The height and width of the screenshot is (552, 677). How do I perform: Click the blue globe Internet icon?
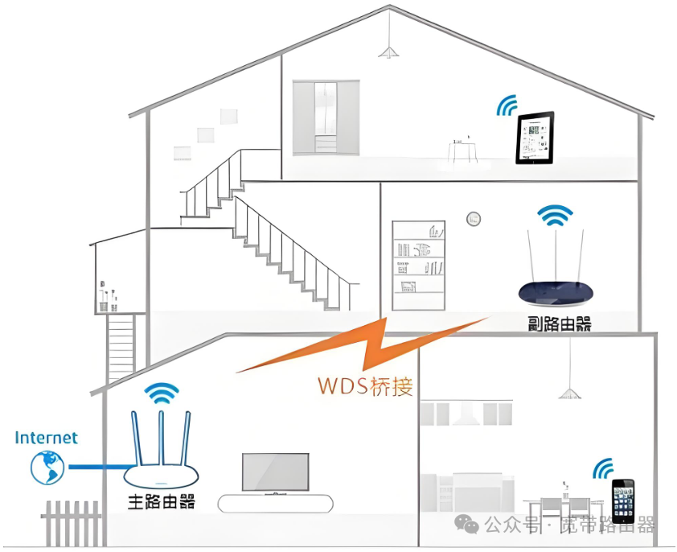[47, 467]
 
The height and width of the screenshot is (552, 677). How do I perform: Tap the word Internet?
[47, 438]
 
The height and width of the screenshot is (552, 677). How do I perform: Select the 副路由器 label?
[560, 324]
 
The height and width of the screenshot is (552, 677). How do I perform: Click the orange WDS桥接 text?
[365, 385]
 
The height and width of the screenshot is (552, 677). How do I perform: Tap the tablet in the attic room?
[535, 138]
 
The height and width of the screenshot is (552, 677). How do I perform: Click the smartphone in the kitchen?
[622, 501]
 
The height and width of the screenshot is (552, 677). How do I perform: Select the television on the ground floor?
[275, 473]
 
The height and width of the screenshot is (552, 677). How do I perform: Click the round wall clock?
[474, 218]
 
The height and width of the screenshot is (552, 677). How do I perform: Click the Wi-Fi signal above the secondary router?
[556, 215]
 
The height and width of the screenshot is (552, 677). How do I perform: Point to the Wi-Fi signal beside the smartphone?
[603, 468]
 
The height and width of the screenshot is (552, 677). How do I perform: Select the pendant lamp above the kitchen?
[570, 392]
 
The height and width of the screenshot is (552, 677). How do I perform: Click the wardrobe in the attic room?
[325, 117]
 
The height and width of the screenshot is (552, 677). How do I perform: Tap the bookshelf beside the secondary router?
[418, 266]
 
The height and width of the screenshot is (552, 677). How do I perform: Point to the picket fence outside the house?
[72, 523]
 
